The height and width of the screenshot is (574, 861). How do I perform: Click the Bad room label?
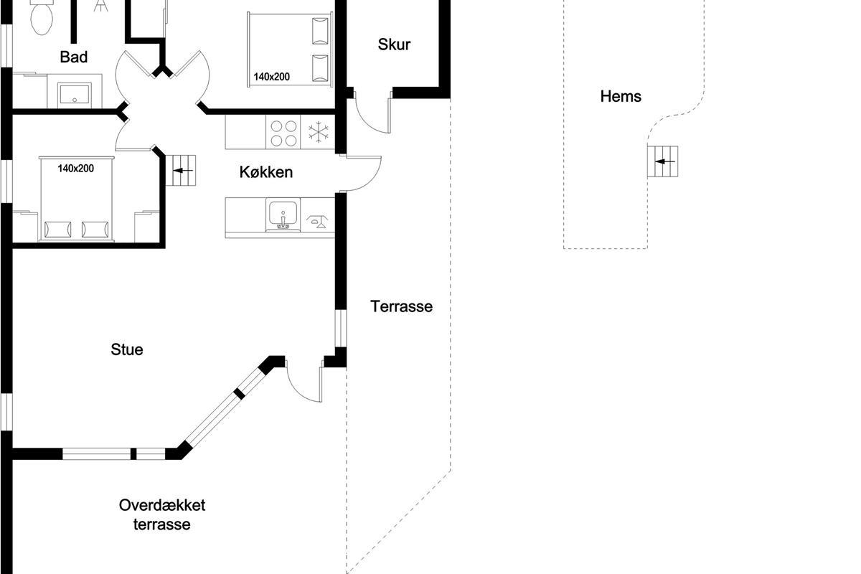point(73,57)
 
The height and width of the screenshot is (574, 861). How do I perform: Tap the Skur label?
point(394,44)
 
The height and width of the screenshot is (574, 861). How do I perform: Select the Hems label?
point(621,96)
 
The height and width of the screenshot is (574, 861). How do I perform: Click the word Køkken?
point(266,172)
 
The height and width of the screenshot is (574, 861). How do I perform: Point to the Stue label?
point(127,349)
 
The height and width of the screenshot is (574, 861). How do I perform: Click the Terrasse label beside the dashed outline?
point(401,306)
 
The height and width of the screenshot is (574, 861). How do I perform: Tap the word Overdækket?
point(162,505)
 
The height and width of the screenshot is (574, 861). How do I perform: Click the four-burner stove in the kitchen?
point(283,133)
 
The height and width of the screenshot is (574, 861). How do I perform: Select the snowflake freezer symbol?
point(319,132)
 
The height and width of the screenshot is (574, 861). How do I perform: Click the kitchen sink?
point(283,215)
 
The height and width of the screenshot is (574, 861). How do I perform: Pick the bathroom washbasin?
point(75,95)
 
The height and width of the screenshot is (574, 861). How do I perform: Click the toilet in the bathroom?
point(42,17)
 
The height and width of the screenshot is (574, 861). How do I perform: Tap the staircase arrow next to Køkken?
point(183,170)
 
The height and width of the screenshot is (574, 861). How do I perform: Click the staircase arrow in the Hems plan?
point(664,161)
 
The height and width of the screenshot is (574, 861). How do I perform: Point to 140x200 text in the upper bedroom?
point(271,77)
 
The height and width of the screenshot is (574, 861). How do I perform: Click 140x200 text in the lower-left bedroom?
point(76,169)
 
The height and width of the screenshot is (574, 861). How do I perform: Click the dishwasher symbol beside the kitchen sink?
point(317,222)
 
